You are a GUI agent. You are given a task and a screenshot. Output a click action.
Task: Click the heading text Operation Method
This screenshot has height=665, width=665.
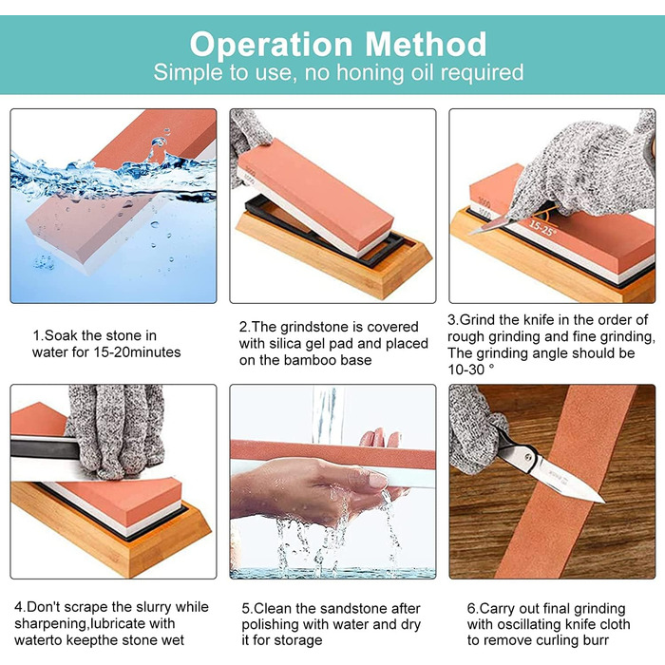[x=338, y=44]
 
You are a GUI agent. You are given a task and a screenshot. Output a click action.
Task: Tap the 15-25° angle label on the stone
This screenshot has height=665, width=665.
[x=542, y=228]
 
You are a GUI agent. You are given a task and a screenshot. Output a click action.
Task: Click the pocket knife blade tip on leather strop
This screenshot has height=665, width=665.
[x=603, y=502]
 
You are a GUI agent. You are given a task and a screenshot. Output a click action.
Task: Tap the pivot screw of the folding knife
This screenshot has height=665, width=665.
[x=528, y=457]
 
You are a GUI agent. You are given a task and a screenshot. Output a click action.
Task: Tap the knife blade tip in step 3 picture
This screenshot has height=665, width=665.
[x=470, y=233]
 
